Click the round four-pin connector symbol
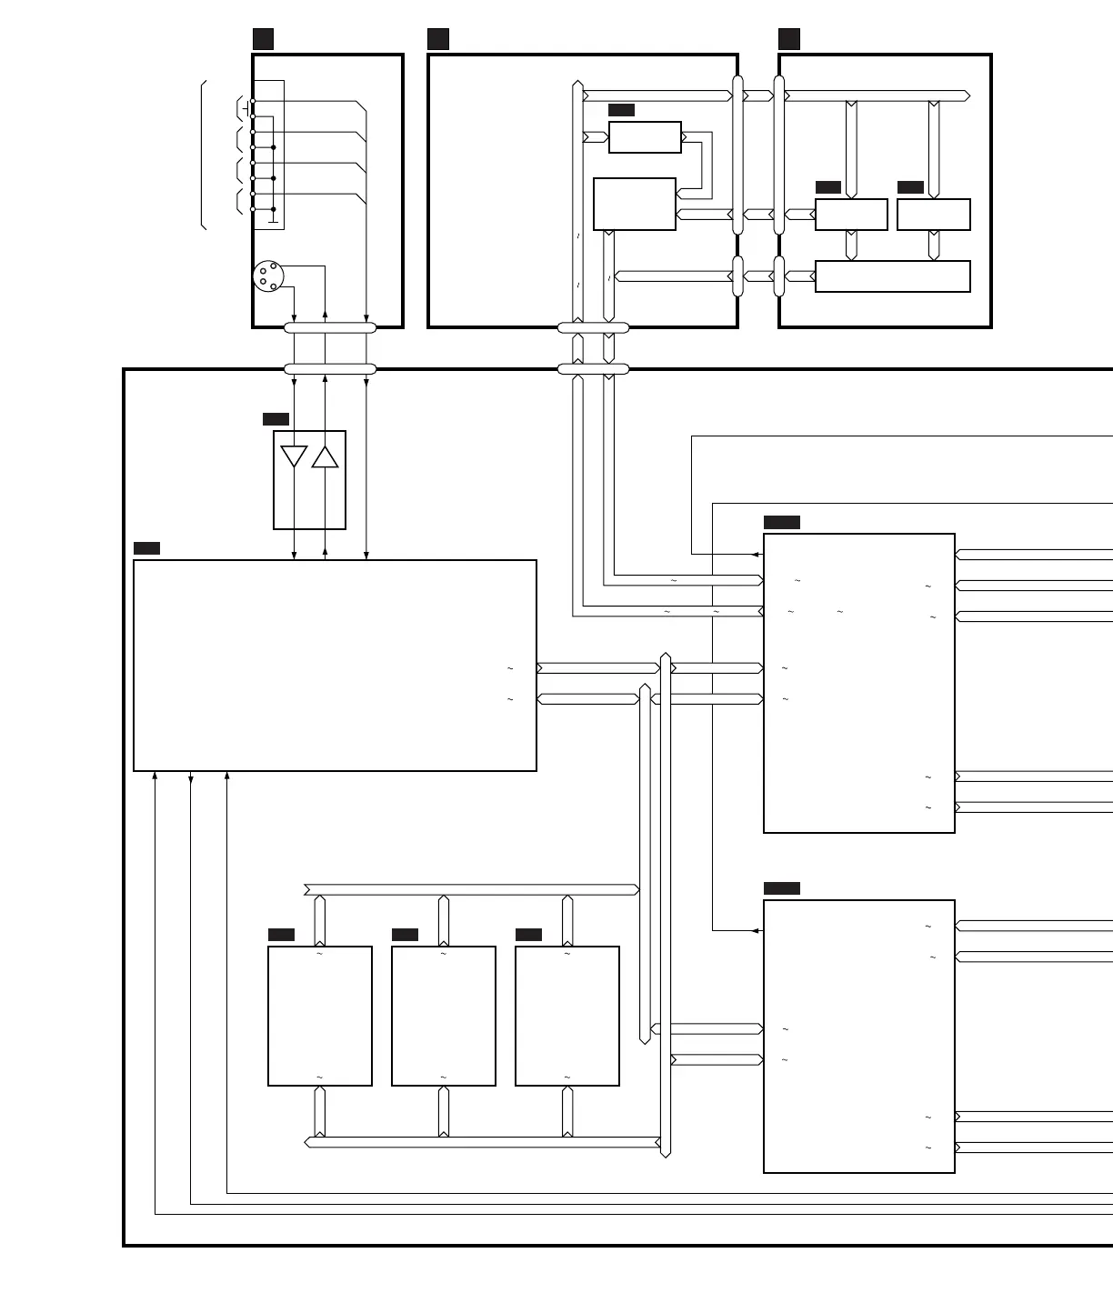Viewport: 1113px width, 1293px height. pos(268,276)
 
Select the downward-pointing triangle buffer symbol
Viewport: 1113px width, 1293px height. pos(294,456)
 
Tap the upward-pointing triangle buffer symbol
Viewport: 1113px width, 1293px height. pos(325,456)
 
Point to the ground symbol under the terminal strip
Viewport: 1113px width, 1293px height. pos(273,219)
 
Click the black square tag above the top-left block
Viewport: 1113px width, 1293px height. pos(263,38)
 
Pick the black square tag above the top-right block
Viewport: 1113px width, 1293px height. pos(789,38)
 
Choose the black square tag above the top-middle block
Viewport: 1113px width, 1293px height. pos(438,38)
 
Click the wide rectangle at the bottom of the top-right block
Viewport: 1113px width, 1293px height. pos(892,276)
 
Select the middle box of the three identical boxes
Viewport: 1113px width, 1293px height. pos(444,1016)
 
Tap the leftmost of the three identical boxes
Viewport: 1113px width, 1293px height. pos(320,1016)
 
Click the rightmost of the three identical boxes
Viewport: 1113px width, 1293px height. pos(567,1016)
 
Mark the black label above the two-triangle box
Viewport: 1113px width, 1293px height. pos(276,419)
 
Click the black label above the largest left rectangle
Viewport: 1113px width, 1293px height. pos(146,548)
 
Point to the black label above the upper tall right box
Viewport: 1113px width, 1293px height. pos(782,522)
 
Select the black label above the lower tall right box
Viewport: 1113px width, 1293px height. pos(782,888)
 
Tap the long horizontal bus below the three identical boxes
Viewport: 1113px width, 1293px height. pos(482,1142)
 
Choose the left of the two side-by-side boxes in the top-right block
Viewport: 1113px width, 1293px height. pos(851,215)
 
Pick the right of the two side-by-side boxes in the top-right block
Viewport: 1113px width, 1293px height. pos(933,215)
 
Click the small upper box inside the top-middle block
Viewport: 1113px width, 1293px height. pos(645,137)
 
